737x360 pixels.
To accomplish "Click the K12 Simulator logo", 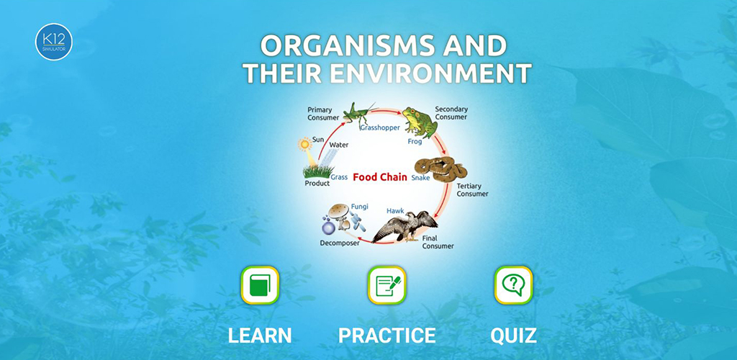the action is pos(53,42).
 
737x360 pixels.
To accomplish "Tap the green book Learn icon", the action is pos(260,285).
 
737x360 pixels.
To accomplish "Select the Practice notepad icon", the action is pos(386,285).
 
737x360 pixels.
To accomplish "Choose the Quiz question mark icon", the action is pos(513,285).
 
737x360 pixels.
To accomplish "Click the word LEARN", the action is pos(260,336).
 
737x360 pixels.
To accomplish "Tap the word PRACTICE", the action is pos(386,336).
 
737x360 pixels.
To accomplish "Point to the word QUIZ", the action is pos(513,336).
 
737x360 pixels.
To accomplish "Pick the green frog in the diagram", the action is pos(420,122).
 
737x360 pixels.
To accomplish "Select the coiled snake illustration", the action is pos(440,169).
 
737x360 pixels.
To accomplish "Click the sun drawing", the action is pos(305,144).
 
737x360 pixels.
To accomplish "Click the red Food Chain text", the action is pos(380,178).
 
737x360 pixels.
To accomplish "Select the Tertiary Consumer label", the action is pos(472,190).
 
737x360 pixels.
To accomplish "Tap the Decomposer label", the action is pos(340,243).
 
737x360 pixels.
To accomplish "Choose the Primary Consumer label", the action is pos(323,114).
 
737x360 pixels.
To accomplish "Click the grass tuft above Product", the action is pos(318,171).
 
